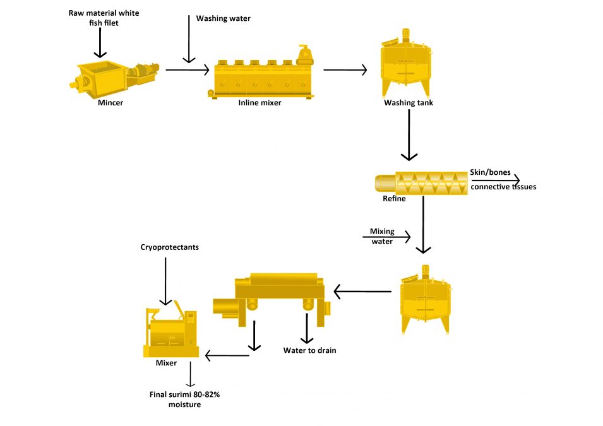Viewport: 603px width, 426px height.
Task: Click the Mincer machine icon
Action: pos(114,78)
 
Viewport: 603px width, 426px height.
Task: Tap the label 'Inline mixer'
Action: pos(260,103)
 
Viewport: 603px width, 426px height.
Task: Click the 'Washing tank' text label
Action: pos(409,102)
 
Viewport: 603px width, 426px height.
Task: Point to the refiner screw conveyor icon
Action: pos(422,182)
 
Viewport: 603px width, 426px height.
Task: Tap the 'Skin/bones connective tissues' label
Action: pos(503,179)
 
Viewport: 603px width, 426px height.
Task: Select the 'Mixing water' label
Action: pos(381,236)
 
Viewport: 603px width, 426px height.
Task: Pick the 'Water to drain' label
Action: pos(309,350)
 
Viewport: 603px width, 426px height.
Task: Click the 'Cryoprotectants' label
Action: pos(169,247)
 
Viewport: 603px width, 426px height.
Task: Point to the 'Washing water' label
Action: pos(223,18)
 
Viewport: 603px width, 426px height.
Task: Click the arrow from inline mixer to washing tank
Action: pos(344,70)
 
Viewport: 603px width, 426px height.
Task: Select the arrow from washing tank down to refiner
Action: pos(409,135)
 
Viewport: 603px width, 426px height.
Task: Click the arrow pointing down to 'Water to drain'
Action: pos(307,328)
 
